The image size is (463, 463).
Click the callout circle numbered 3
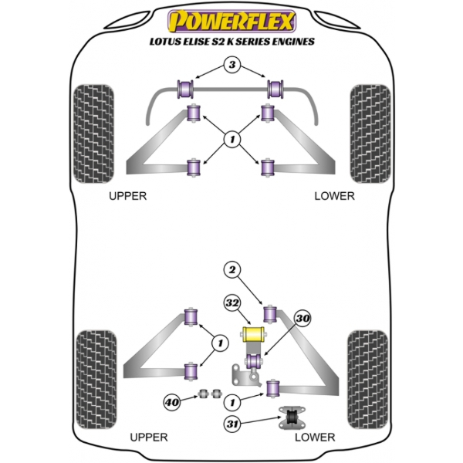231,66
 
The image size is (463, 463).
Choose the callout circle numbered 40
171,400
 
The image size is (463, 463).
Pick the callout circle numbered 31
231,423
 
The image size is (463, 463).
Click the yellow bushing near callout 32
253,335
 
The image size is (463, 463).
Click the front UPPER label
127,196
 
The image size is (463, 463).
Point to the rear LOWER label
315,437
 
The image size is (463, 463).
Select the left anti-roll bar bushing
187,86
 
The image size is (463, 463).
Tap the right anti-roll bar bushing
275,86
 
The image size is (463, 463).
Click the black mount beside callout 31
292,417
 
